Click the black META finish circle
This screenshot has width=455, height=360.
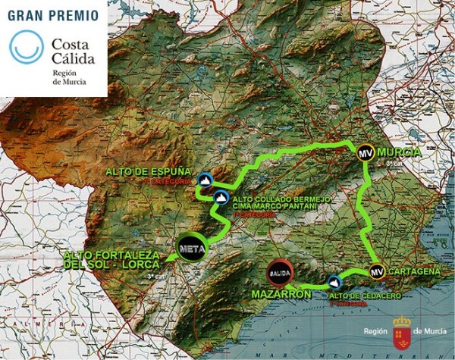click(x=190, y=247)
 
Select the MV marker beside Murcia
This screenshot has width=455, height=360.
click(x=365, y=152)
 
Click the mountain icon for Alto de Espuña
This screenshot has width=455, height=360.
click(x=204, y=180)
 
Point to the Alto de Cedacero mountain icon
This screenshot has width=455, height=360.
click(x=334, y=281)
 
